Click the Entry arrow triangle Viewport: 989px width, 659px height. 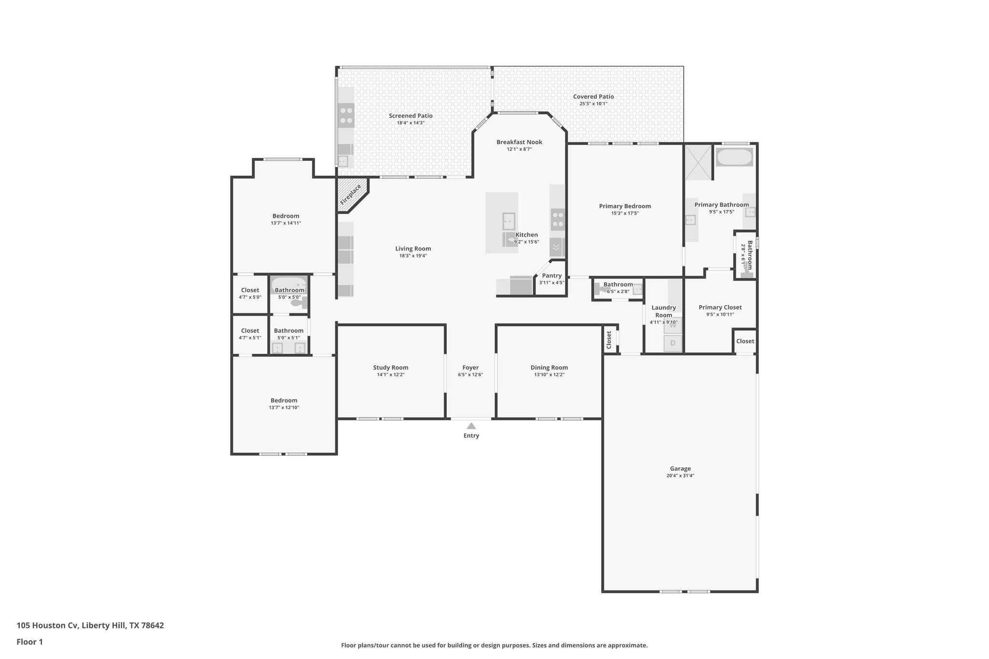[471, 426]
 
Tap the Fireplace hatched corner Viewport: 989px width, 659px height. [351, 194]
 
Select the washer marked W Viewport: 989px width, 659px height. [673, 326]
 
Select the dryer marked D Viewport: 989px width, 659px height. [673, 343]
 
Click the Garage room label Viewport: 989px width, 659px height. [680, 468]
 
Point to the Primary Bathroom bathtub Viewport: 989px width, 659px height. [734, 157]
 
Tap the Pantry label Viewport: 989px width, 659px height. [551, 276]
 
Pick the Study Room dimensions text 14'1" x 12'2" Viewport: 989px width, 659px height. [391, 375]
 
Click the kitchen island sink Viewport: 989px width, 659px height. [509, 221]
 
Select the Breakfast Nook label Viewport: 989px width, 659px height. [519, 142]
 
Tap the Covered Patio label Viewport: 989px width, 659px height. [593, 97]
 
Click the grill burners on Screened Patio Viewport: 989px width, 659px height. [346, 115]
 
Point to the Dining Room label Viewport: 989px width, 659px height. [549, 367]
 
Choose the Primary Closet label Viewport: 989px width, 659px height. [720, 307]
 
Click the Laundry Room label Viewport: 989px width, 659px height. [664, 311]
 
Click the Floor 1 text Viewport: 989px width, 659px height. [29, 642]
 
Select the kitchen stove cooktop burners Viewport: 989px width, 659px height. [557, 219]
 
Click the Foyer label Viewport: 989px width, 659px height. [470, 367]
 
